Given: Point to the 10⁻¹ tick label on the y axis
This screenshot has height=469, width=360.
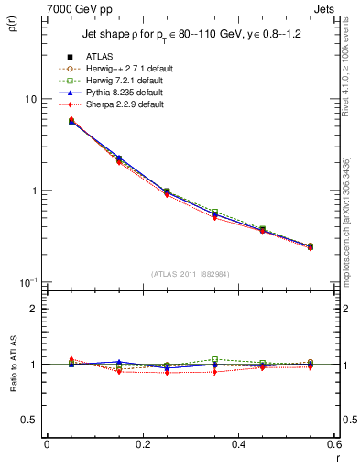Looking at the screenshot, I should [28, 281].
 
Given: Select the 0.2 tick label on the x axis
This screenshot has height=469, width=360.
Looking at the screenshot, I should [142, 444].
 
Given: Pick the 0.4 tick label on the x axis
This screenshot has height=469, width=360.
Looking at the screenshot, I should [238, 444].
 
